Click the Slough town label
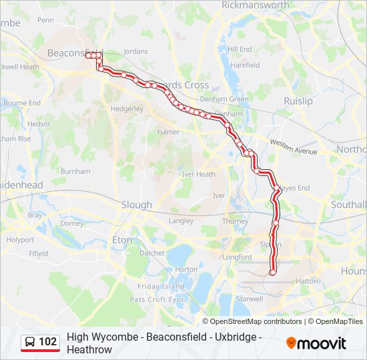[136, 205]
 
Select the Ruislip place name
[298, 101]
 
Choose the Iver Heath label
[199, 174]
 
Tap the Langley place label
[181, 220]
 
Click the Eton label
[122, 239]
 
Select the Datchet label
[151, 253]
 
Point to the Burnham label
[75, 171]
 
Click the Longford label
[238, 257]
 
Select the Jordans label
[135, 51]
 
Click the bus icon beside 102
[30, 342]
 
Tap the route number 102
[47, 342]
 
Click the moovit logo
[316, 343]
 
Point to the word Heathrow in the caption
[89, 349]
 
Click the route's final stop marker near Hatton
[272, 272]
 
